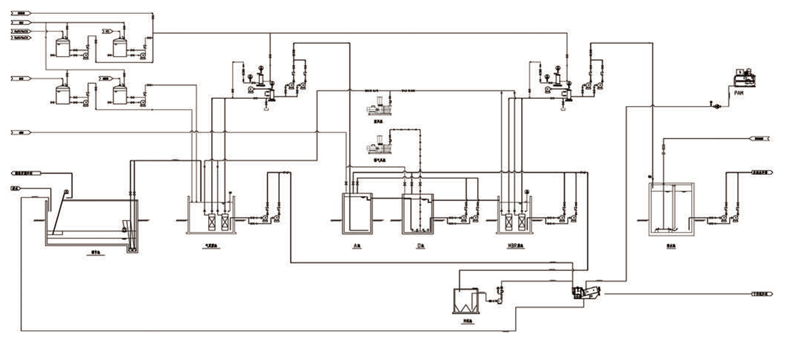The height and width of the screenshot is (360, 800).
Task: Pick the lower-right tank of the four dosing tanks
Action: [x=121, y=93]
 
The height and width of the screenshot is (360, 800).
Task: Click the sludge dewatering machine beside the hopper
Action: [x=584, y=293]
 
